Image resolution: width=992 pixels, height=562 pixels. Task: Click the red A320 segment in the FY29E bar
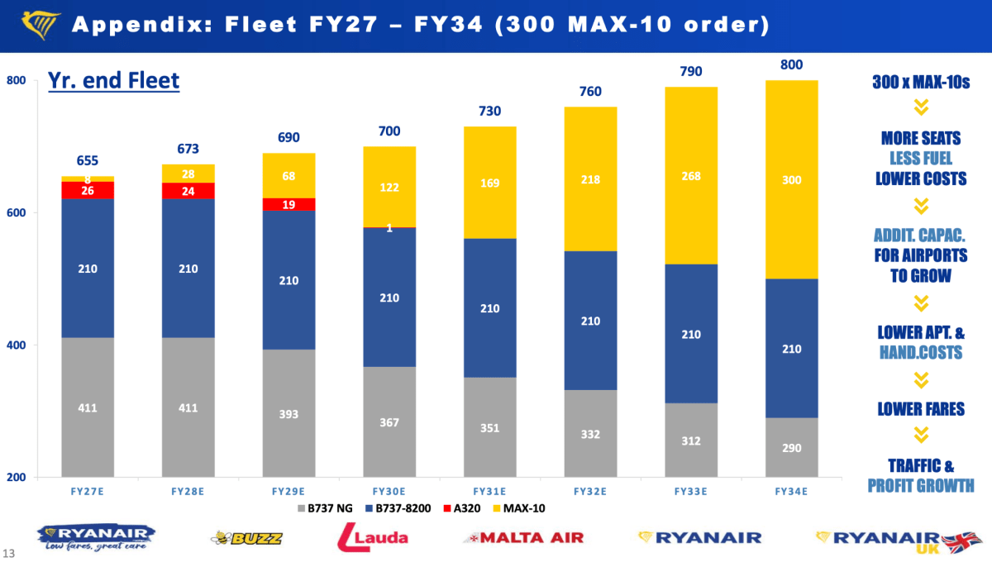pos(289,204)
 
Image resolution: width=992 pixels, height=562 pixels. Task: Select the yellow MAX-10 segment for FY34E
pos(791,179)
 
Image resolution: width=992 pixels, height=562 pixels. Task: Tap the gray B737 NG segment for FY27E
pos(88,407)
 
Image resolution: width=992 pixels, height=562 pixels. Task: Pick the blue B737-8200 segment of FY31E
pos(489,307)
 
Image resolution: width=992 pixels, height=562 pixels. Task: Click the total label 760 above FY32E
pos(590,91)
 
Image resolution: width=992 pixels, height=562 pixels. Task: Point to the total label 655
pos(88,160)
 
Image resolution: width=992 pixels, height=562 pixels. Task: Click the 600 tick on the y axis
pos(16,212)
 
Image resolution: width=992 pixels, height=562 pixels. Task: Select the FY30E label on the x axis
pos(389,492)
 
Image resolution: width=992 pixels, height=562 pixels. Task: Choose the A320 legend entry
pos(462,508)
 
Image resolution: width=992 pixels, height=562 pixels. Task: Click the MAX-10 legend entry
pos(519,508)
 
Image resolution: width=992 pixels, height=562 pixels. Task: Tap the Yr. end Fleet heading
pos(113,81)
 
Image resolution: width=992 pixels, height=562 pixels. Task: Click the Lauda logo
pos(373,537)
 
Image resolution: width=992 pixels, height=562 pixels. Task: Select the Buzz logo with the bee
pos(246,538)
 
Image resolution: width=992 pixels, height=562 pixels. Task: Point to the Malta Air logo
pos(523,538)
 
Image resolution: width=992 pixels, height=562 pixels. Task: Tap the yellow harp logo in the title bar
pos(41,25)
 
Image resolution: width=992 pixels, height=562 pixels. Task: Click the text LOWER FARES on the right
pos(921,409)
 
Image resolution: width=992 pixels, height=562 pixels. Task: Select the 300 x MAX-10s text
pos(921,82)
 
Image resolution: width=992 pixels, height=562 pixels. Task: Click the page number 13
pos(8,553)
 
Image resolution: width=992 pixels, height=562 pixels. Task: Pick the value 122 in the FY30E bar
pos(389,188)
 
